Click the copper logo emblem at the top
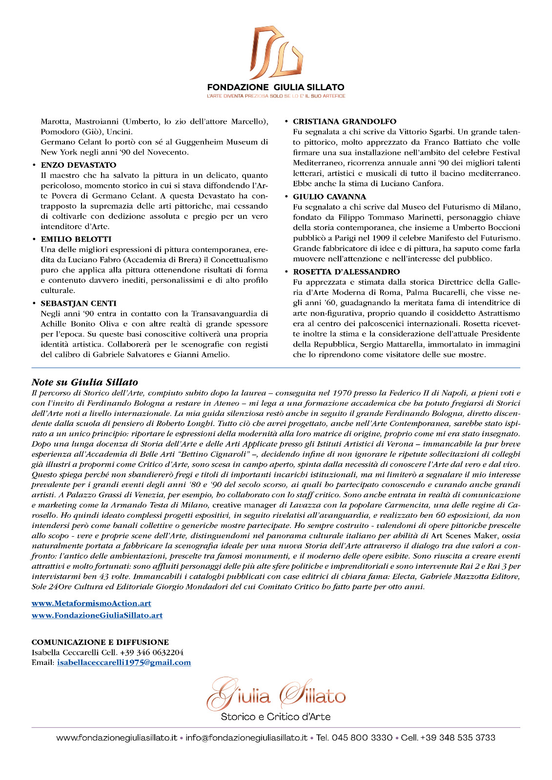(x=275, y=52)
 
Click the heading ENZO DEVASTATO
(x=79, y=165)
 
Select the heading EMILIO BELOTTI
(x=76, y=239)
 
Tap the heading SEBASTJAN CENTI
(x=79, y=303)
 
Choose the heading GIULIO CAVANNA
(x=329, y=196)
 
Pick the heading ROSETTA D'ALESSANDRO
(x=346, y=272)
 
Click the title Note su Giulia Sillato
(x=85, y=382)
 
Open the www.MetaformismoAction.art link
(x=91, y=604)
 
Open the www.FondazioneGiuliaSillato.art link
(x=97, y=615)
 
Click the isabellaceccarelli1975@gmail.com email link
(x=124, y=663)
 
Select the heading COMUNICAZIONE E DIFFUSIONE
(x=100, y=642)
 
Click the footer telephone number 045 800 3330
(x=362, y=738)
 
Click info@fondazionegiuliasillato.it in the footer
(x=246, y=738)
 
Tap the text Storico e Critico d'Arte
(x=276, y=717)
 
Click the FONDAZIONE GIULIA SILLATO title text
(x=276, y=87)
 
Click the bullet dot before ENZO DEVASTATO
(x=34, y=165)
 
